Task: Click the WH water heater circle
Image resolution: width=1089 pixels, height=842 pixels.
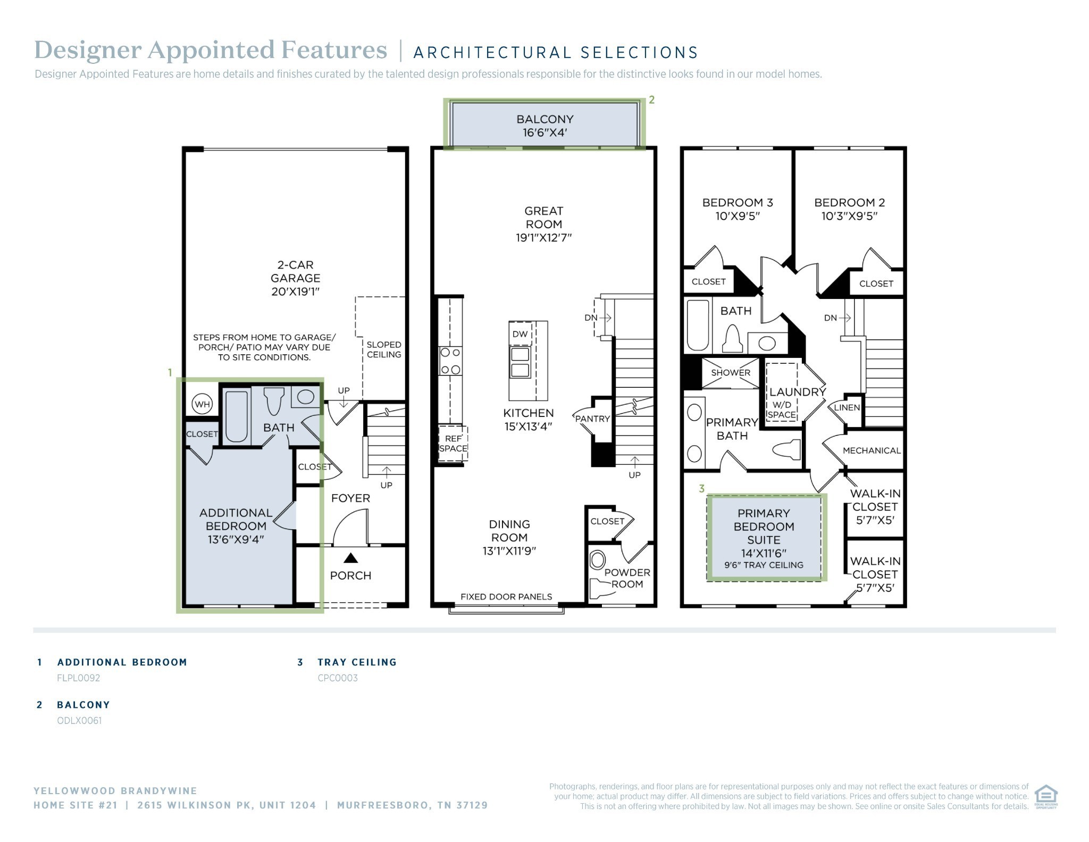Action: click(202, 404)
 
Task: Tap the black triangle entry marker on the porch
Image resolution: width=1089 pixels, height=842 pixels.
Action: click(350, 558)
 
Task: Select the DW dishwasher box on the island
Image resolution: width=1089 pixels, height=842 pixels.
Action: click(520, 334)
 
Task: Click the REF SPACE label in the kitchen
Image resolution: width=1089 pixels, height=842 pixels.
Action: click(453, 444)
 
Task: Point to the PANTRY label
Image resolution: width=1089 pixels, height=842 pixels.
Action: click(592, 419)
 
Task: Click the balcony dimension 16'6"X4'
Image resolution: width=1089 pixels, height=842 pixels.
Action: click(545, 132)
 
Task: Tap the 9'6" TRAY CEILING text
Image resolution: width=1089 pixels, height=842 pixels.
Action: click(764, 565)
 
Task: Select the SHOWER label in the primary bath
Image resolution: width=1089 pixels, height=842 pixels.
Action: click(731, 372)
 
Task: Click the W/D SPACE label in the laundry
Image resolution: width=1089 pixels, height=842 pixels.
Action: click(781, 410)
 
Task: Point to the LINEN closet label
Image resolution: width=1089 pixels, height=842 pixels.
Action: click(847, 407)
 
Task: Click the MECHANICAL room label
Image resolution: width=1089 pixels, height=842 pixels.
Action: click(872, 451)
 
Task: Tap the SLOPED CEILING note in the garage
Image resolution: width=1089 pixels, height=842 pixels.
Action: click(384, 349)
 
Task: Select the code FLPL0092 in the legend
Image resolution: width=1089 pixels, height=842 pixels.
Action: click(79, 678)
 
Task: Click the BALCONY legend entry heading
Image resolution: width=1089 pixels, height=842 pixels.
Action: click(83, 705)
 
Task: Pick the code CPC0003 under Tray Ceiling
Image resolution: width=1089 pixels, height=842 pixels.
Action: click(338, 678)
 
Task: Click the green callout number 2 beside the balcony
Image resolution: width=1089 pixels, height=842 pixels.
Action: click(651, 100)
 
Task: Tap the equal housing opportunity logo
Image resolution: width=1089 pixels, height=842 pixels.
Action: click(1045, 796)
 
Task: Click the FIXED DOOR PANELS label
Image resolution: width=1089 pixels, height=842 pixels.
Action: click(506, 597)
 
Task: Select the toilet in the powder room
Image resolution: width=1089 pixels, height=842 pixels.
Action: click(598, 560)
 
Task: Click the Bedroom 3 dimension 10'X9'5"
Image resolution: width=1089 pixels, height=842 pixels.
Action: click(738, 216)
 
